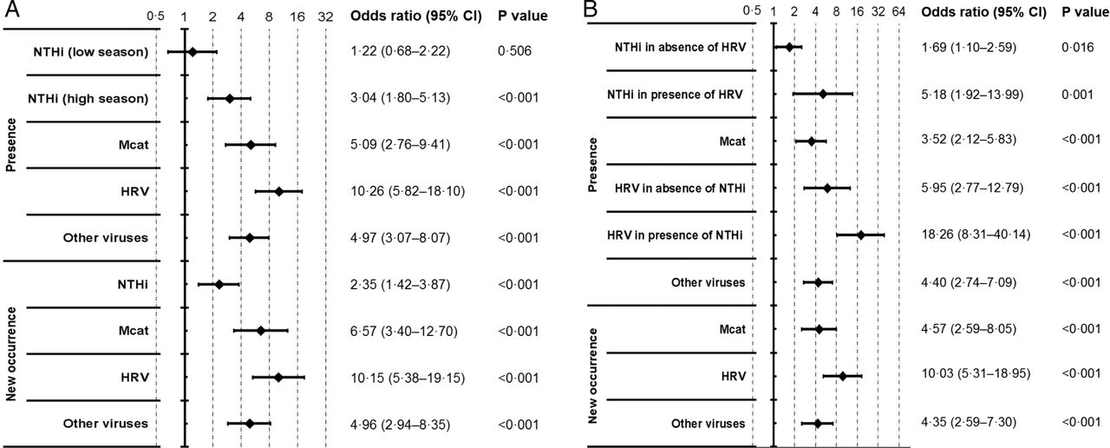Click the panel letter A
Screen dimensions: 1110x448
tap(11, 10)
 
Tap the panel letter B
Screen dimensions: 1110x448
tap(591, 10)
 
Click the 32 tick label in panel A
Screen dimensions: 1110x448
tap(325, 16)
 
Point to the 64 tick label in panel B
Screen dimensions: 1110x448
tap(898, 11)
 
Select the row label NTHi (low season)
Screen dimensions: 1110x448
tap(91, 51)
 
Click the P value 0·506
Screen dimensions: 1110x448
tap(515, 51)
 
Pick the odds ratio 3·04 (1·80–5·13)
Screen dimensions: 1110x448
tap(401, 98)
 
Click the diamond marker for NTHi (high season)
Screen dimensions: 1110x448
tap(229, 99)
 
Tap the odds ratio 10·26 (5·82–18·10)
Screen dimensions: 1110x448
tap(408, 191)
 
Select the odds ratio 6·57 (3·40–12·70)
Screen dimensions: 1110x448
tap(404, 331)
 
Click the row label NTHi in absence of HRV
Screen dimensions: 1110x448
tap(680, 47)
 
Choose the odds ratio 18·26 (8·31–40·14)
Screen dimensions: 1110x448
tap(976, 234)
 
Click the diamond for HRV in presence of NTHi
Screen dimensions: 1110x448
tap(861, 234)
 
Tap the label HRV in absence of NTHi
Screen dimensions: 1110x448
tap(680, 188)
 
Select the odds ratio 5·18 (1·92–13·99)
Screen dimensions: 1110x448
tap(972, 95)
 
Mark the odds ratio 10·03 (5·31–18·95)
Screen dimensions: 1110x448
tap(976, 373)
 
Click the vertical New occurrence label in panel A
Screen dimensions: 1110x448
tap(11, 353)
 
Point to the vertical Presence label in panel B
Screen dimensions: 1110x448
tap(592, 165)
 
